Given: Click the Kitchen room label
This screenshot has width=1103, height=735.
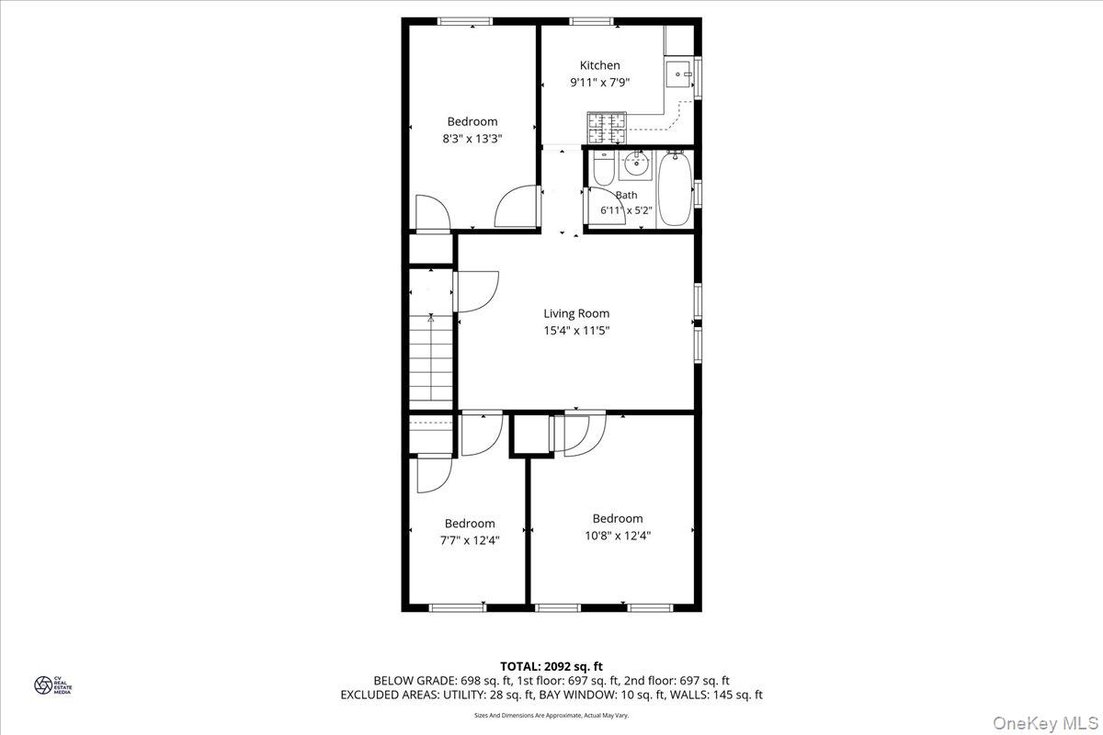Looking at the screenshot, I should pyautogui.click(x=599, y=65).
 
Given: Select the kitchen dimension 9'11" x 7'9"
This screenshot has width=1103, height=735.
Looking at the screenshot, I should pyautogui.click(x=599, y=83).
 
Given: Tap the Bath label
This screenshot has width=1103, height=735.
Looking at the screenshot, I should pyautogui.click(x=626, y=195).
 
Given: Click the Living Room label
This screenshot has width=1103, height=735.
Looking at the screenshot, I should pyautogui.click(x=576, y=313).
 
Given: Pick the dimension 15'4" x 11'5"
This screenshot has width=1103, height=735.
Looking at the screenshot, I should pyautogui.click(x=576, y=331).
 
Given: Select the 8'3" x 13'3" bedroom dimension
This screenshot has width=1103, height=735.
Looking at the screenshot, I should pyautogui.click(x=472, y=139).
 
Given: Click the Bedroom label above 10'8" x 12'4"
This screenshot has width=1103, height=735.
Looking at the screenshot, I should pyautogui.click(x=618, y=518).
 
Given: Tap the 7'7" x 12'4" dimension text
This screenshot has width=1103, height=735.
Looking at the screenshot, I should pyautogui.click(x=470, y=540).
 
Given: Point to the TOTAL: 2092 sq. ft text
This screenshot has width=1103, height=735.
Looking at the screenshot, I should pyautogui.click(x=551, y=666).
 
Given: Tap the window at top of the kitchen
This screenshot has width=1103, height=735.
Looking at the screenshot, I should pyautogui.click(x=592, y=20).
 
